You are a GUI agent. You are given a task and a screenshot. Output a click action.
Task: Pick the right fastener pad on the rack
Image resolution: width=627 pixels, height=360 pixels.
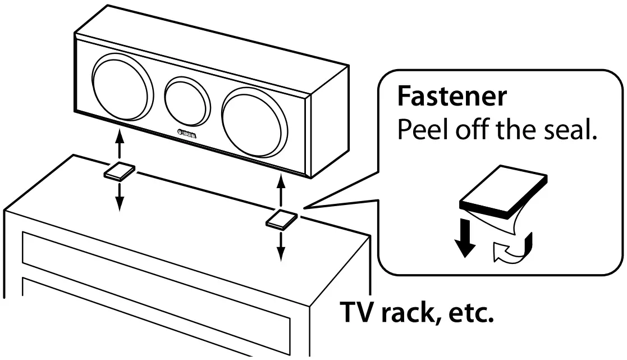coord(281,220)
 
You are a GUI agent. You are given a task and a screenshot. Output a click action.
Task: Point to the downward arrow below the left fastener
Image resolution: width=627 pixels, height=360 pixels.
coord(118,197)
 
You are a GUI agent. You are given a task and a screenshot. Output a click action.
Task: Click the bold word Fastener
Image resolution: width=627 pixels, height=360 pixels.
coord(451,97)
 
